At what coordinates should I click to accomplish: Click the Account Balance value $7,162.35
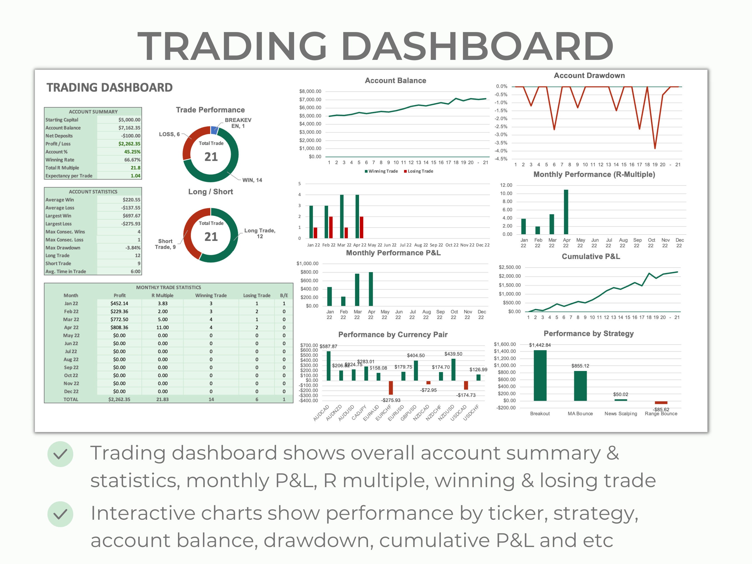coord(129,128)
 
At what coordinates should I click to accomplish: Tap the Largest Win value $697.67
coord(131,216)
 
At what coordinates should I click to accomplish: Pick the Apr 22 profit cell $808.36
coord(119,327)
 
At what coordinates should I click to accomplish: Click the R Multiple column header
coord(162,296)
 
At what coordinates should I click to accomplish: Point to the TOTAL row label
coord(71,399)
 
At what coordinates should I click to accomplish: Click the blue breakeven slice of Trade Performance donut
coord(214,130)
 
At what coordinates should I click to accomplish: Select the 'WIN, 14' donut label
coord(252,180)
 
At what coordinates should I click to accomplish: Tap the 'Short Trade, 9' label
coord(165,244)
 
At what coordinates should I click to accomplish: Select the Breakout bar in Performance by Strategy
coord(540,375)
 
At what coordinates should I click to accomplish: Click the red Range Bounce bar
coord(661,402)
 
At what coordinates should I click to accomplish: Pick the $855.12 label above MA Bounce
coord(580,366)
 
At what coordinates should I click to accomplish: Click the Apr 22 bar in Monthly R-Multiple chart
coord(566,212)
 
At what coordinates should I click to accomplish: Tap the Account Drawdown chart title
coord(589,75)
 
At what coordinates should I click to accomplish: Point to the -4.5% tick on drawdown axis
coord(501,159)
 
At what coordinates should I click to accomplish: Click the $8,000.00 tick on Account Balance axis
coord(310,91)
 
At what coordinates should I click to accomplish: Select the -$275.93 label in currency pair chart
coord(390,400)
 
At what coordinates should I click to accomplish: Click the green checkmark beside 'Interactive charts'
coord(60,514)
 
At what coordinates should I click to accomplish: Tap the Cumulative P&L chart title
coord(590,256)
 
